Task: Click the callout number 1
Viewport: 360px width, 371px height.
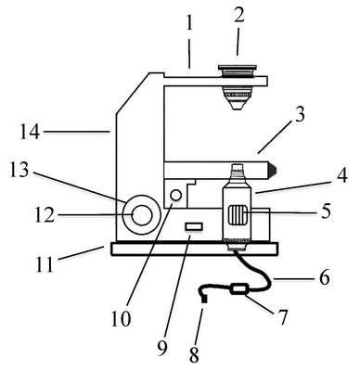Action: (189, 23)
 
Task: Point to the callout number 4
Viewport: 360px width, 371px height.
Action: (341, 174)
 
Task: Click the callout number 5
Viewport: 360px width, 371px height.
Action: (326, 211)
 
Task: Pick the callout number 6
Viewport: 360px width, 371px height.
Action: (324, 277)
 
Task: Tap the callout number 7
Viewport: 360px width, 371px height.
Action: (281, 316)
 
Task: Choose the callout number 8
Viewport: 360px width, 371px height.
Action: (194, 355)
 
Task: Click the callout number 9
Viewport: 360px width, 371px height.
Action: (161, 348)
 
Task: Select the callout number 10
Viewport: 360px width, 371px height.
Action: (122, 318)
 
